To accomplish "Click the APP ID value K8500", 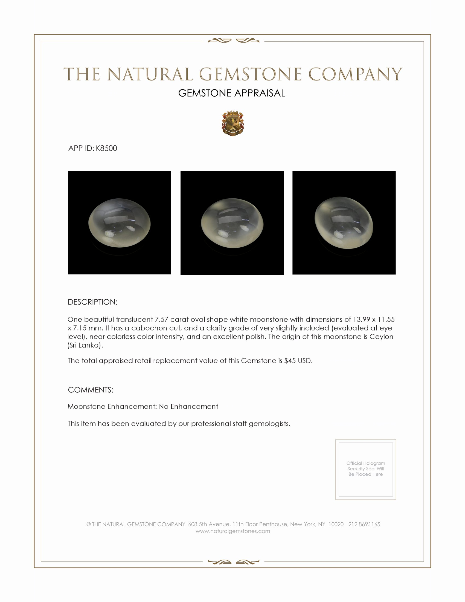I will [106, 148].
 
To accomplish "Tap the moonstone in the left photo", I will [119, 223].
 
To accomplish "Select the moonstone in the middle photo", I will [232, 223].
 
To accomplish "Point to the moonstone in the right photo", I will [344, 223].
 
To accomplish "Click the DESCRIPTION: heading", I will [92, 302].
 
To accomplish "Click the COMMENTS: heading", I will [90, 390].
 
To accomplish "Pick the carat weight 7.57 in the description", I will [161, 319].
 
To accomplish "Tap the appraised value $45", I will [290, 361].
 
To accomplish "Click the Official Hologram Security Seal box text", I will [365, 468].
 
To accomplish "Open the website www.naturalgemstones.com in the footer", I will [233, 531].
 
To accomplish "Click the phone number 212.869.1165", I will [364, 524].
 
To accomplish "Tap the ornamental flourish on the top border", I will [233, 41].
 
